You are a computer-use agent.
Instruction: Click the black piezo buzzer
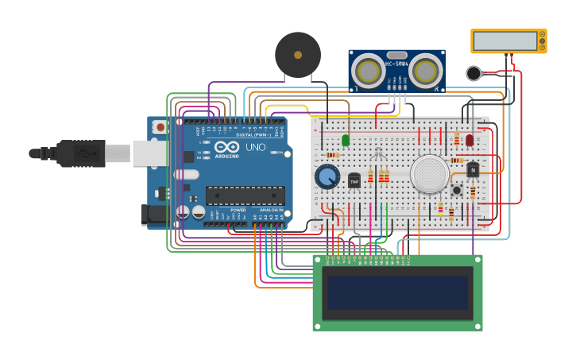(298, 55)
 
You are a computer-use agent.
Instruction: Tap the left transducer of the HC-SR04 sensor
(369, 72)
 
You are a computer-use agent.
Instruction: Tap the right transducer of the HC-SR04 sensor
(425, 72)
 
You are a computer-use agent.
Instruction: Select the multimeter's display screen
(505, 41)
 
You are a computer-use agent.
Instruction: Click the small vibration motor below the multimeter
(474, 74)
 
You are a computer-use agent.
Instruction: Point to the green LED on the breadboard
(346, 140)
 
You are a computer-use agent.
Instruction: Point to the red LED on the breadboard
(470, 140)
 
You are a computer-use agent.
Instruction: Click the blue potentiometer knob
(327, 176)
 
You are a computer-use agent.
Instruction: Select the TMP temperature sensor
(354, 181)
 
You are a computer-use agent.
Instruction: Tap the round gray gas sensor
(430, 172)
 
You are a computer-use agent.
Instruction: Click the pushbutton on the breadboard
(458, 190)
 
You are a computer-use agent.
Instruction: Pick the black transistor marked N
(473, 169)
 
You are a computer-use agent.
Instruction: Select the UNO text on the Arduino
(255, 148)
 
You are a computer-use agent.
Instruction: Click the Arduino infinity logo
(226, 147)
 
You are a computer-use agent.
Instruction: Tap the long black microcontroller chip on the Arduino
(245, 195)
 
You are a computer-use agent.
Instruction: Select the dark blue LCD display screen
(396, 292)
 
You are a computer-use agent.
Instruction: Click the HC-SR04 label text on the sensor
(396, 64)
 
